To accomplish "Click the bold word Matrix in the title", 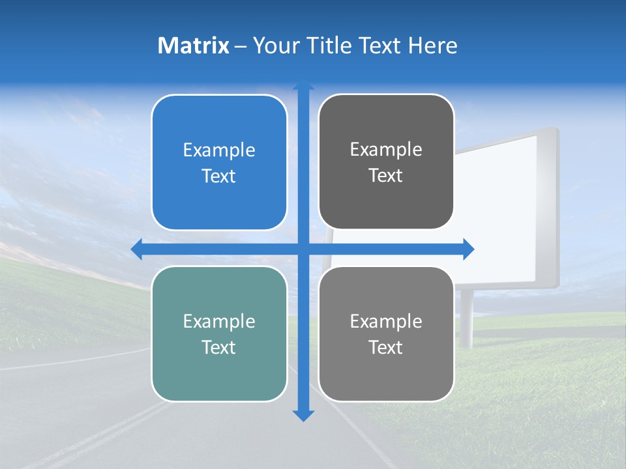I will pos(194,46).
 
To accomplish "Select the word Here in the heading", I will pos(433,46).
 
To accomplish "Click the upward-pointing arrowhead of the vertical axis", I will pos(303,86).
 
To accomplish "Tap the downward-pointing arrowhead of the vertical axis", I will pos(303,415).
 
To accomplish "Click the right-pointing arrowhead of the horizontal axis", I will pos(468,249).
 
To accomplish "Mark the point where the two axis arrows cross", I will pos(303,249).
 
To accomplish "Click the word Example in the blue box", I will pos(219,150).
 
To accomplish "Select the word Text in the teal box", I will pos(219,347).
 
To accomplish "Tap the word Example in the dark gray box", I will pos(386,150).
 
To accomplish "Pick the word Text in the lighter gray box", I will pos(386,347).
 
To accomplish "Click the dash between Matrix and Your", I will pos(241,46).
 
